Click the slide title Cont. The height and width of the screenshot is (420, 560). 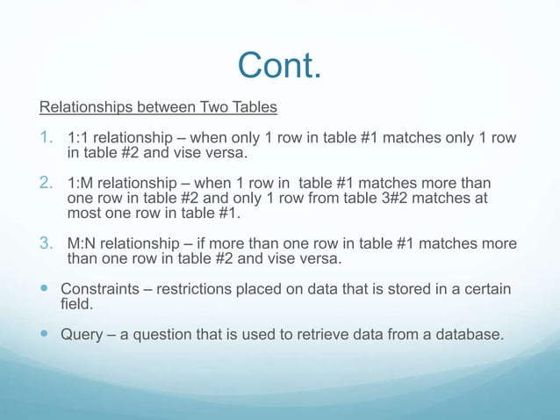click(279, 66)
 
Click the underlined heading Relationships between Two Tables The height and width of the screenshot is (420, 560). click(158, 108)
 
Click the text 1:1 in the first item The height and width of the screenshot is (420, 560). click(78, 139)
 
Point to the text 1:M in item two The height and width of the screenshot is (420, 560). click(79, 184)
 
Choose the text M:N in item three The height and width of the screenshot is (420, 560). click(81, 244)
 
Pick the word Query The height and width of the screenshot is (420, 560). click(81, 334)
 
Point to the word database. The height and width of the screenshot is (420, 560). click(466, 334)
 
